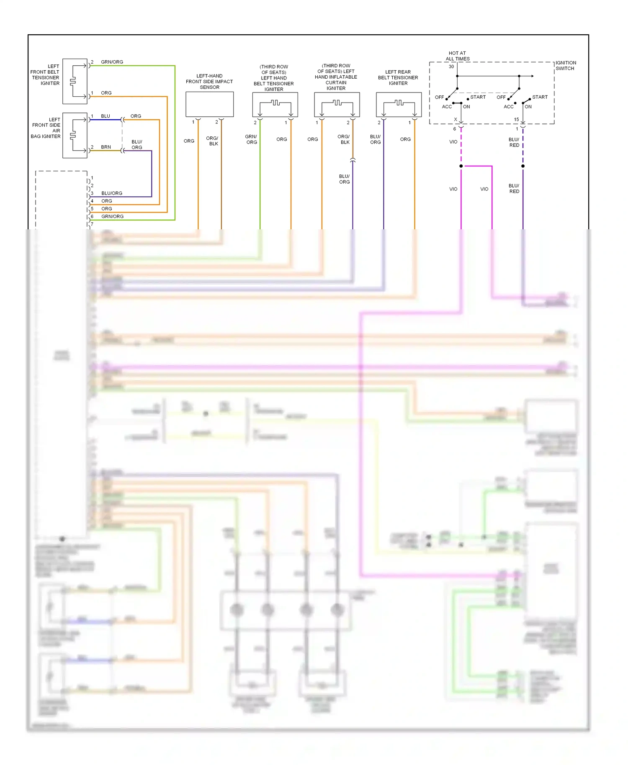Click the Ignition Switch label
pos(566,66)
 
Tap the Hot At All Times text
pos(457,56)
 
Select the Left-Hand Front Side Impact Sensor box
pos(209,105)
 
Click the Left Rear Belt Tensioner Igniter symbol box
pos(399,105)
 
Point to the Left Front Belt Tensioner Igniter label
pos(45,75)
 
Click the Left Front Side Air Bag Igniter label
pos(46,128)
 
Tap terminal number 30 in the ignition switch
pos(451,67)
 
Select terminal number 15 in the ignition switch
pos(516,120)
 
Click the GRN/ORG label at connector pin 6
pos(112,216)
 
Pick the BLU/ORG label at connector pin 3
pos(112,193)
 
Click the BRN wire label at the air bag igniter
pos(106,147)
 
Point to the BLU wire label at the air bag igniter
pos(106,116)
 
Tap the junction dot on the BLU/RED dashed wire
pos(523,166)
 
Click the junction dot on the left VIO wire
pos(461,166)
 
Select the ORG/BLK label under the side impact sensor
pos(213,141)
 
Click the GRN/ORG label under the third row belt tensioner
pos(251,140)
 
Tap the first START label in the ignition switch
pos(478,97)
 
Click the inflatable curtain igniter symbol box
pos(337,105)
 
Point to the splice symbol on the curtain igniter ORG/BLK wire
pos(353,160)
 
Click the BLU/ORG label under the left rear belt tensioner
pos(375,140)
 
